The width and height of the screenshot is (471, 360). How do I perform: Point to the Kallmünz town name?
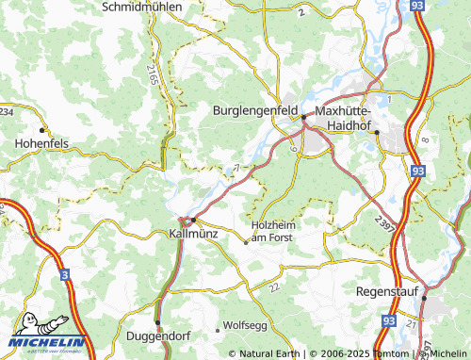tap(194, 232)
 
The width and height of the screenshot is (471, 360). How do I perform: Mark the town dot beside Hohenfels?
tap(42, 130)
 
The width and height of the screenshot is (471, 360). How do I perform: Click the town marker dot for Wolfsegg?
tap(218, 330)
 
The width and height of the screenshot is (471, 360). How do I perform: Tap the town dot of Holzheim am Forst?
tap(247, 242)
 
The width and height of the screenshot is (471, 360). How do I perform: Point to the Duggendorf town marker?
tap(157, 321)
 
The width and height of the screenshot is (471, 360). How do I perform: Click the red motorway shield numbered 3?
tap(64, 274)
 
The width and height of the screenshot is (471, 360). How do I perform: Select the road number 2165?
tap(153, 72)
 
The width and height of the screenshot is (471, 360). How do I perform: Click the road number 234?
tap(7, 112)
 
